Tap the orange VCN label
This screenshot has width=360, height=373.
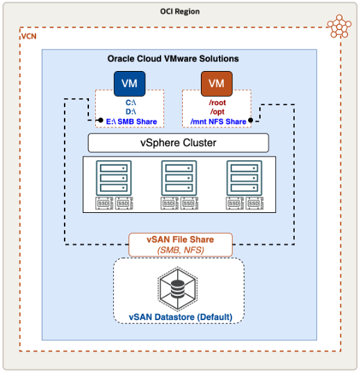coord(29,36)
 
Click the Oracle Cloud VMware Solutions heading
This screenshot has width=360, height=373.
coord(179,60)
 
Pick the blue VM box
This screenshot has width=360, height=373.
coord(129,84)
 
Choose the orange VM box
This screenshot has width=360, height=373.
coord(217,84)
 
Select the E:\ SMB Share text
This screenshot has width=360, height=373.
coord(129,121)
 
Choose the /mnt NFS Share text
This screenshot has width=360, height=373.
coord(217,121)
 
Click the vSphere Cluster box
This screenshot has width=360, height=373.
coord(179,143)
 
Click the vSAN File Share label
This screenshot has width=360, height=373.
coord(179,239)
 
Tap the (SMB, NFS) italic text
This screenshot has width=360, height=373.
coord(179,249)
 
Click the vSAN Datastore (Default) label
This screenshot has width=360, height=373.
coord(179,317)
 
